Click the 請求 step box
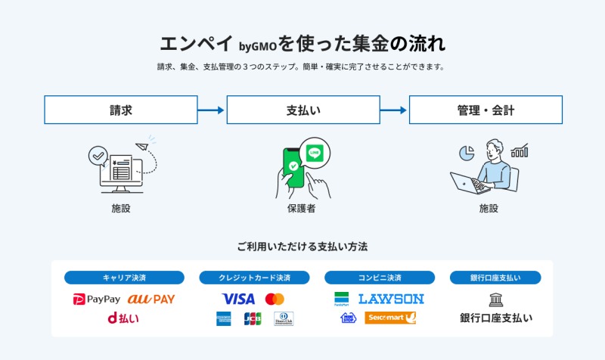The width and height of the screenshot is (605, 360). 121,110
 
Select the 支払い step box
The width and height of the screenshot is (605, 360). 303,110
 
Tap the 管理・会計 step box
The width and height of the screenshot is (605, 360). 486,110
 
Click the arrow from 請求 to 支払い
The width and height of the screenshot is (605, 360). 212,110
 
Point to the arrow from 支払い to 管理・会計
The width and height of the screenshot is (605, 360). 394,110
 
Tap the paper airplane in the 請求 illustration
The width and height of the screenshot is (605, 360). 143,147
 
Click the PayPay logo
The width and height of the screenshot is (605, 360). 96,299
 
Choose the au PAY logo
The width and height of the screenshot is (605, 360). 151,299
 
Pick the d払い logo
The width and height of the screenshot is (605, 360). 123,318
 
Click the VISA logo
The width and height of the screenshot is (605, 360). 239,299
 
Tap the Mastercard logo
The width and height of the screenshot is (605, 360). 275,299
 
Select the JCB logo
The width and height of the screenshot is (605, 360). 252,318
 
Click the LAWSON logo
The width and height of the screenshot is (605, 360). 391,299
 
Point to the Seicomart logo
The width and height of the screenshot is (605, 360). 390,318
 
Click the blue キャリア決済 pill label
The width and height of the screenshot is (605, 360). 124,278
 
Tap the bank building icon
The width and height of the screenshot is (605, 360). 496,299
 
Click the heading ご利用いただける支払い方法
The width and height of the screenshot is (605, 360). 302,247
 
